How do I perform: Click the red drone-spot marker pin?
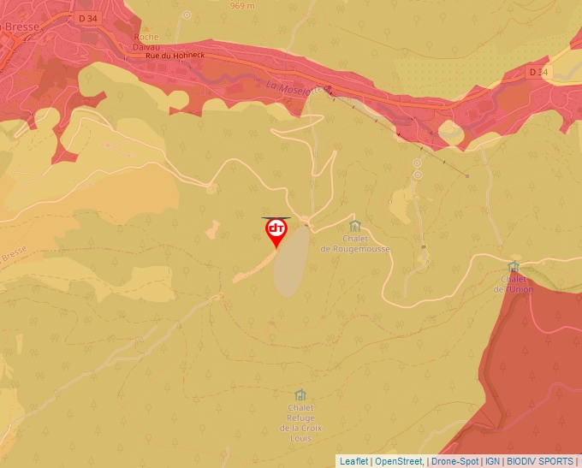coord(276,232)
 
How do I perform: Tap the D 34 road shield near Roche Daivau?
coord(86,17)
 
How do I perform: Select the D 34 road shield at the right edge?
coord(537,72)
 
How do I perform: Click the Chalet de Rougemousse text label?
coord(354,244)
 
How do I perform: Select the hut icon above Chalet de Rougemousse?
coord(354,226)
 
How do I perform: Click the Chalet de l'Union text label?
coord(514,284)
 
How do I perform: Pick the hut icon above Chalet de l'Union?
coord(514,267)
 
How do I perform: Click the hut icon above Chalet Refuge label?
coord(300,394)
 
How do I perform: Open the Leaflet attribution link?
coord(353,461)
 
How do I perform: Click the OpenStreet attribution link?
coord(399,461)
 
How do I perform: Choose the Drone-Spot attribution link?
coord(454,461)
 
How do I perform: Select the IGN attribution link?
coord(492,461)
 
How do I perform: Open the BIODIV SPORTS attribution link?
coord(539,461)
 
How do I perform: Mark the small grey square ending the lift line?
coord(467,175)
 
